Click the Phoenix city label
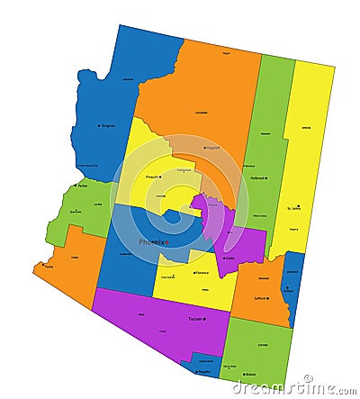tap(150, 242)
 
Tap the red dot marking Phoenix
tap(167, 242)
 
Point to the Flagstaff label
tap(213, 148)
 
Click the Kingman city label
tap(108, 126)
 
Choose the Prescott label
tap(152, 177)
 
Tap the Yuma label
tap(49, 267)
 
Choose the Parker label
tap(82, 186)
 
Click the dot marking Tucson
tap(203, 319)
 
